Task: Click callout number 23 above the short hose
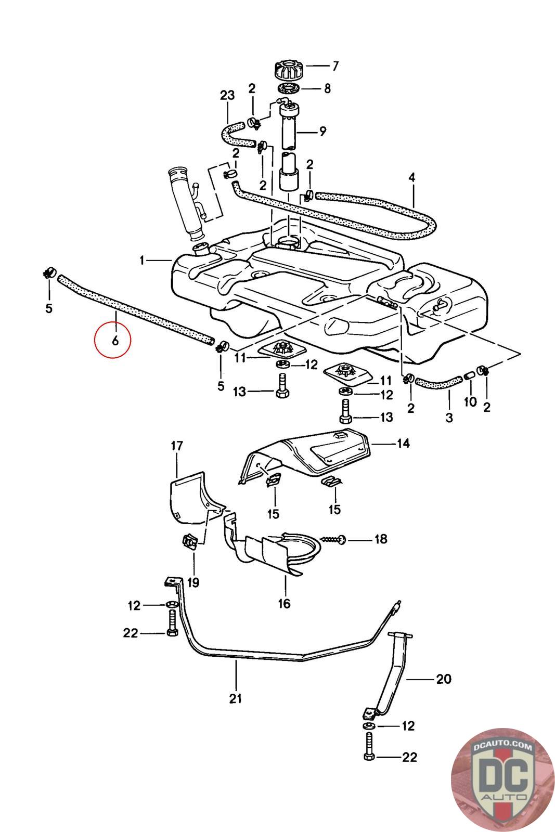point(227,95)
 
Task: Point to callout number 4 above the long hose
point(412,177)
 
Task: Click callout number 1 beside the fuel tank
point(143,260)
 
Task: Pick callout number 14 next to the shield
point(403,444)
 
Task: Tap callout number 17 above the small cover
point(177,446)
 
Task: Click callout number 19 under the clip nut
point(193,582)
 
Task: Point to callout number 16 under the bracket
point(284,603)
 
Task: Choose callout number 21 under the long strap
point(236,698)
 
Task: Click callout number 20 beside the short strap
point(443,679)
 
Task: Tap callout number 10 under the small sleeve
point(470,402)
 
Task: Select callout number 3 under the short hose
point(449,417)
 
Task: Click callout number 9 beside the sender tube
point(322,131)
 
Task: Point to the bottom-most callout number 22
point(410,757)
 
